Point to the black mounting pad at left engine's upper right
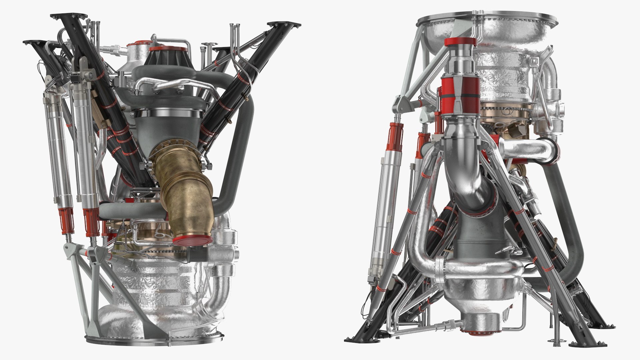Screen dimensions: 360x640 coord(283,25)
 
